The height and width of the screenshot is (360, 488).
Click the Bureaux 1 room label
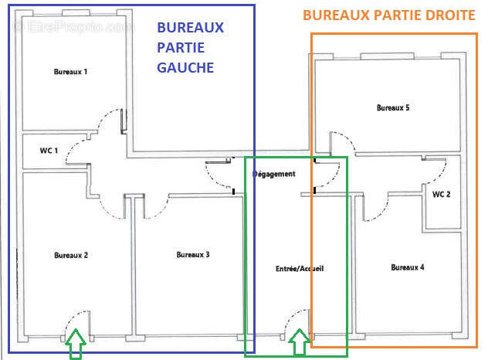[70, 72]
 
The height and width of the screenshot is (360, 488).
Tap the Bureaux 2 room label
[70, 255]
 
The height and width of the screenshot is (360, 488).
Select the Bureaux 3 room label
[193, 255]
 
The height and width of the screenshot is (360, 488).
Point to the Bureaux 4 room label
[407, 267]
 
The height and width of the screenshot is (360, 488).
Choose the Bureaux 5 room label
[393, 108]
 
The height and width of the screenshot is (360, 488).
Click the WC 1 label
[49, 151]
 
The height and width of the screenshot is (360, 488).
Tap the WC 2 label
[442, 194]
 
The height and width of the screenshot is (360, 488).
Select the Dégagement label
[274, 175]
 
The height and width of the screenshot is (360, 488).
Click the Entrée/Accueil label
[300, 269]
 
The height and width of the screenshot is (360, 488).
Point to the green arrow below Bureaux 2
[75, 345]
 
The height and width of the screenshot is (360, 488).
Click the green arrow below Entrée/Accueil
[297, 344]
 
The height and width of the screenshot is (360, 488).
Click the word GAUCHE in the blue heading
[185, 67]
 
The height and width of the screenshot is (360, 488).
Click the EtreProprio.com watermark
[74, 27]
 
